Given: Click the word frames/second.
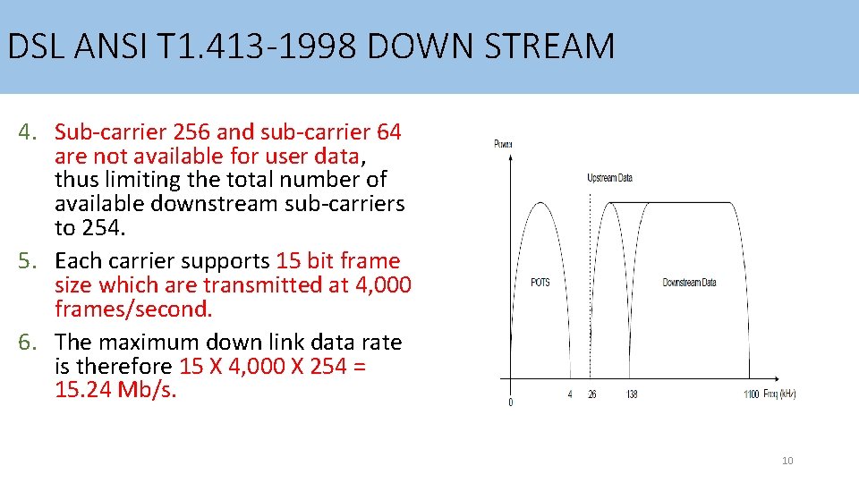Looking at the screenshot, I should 133,309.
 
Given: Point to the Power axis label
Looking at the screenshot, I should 503,144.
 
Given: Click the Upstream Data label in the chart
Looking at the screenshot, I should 609,178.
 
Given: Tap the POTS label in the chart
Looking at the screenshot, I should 540,283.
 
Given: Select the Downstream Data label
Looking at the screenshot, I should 689,283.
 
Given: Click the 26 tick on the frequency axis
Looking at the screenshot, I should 591,394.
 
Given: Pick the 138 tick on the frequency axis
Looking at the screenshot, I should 632,394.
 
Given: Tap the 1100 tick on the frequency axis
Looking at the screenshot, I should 751,394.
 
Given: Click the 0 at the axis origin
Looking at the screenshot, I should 511,402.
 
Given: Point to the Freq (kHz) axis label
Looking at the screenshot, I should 778,394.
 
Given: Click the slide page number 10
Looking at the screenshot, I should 787,461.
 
